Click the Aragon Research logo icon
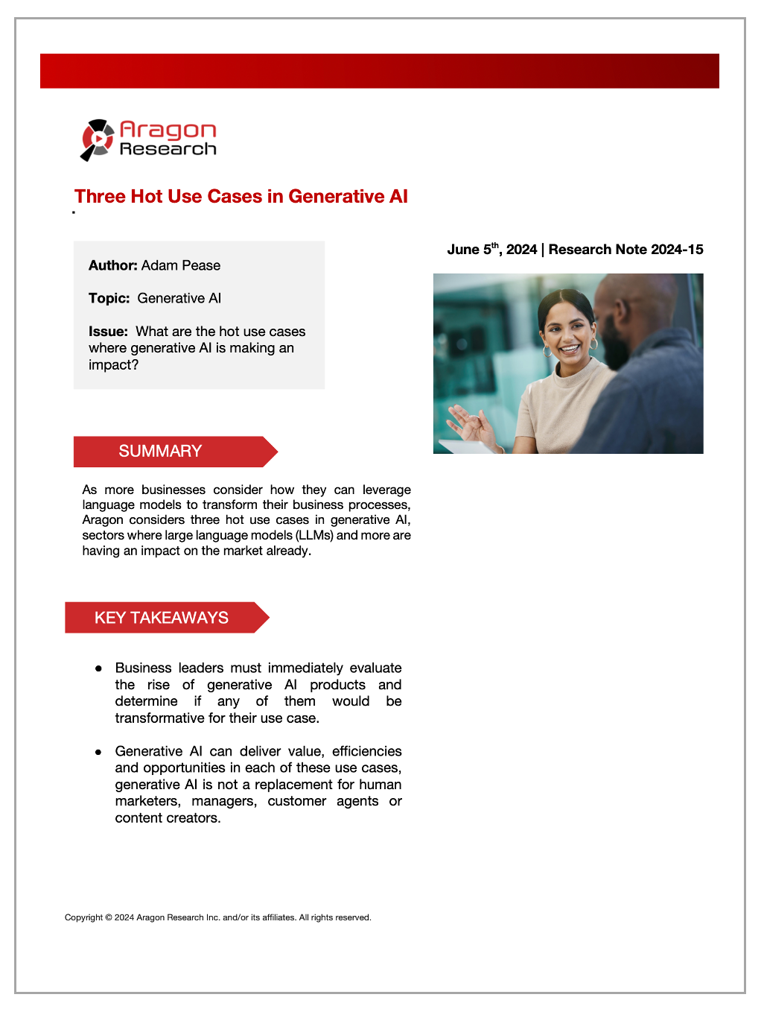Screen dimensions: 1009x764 (97, 139)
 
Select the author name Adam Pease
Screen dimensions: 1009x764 (181, 265)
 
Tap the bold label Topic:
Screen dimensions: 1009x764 (109, 298)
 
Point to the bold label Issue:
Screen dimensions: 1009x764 (108, 332)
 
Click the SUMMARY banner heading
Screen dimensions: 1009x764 (160, 452)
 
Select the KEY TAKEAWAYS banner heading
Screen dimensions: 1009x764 (161, 618)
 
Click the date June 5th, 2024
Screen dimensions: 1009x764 (491, 250)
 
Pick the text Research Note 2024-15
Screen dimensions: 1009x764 (625, 250)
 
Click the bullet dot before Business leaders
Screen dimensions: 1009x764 (98, 668)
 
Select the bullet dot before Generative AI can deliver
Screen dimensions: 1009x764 (98, 752)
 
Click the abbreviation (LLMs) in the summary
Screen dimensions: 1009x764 (314, 535)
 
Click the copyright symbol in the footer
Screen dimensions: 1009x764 (109, 917)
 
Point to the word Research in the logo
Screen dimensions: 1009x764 (168, 149)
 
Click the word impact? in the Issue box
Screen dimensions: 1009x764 (113, 365)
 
